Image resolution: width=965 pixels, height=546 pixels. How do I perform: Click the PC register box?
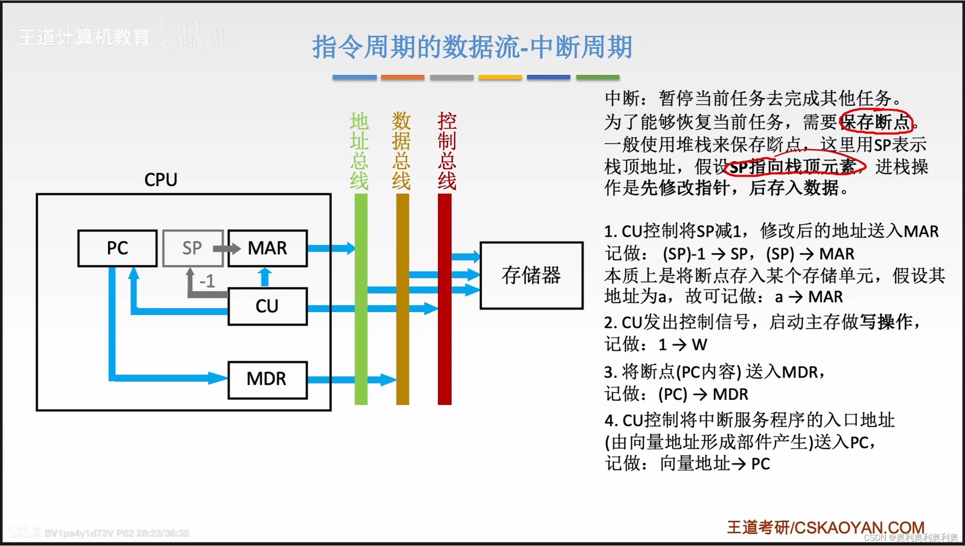117,248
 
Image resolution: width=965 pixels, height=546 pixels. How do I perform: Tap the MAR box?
268,248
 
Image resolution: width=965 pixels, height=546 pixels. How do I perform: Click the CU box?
268,307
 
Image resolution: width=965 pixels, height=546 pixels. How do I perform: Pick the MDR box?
268,379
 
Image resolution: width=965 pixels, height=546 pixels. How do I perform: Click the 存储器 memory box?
531,275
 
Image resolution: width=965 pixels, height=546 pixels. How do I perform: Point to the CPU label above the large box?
161,180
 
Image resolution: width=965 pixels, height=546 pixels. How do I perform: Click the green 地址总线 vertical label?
359,151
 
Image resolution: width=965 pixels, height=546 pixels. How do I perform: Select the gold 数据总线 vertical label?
401,151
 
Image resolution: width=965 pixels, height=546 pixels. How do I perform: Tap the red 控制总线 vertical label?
447,151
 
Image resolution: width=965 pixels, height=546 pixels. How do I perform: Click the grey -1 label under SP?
207,281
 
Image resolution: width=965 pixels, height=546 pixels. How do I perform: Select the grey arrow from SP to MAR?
227,248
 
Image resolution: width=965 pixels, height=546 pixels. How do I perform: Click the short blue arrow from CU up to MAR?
265,277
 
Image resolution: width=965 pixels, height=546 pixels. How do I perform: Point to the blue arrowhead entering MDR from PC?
218,378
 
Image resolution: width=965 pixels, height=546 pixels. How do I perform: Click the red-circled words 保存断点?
877,122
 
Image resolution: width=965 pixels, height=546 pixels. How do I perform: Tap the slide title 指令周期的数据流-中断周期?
472,47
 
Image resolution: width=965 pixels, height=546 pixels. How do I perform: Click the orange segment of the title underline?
403,77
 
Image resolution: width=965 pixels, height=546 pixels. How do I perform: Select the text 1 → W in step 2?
682,344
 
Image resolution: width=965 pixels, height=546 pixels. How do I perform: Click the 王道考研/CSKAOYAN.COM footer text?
826,527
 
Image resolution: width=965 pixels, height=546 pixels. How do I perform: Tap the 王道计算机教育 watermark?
84,37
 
